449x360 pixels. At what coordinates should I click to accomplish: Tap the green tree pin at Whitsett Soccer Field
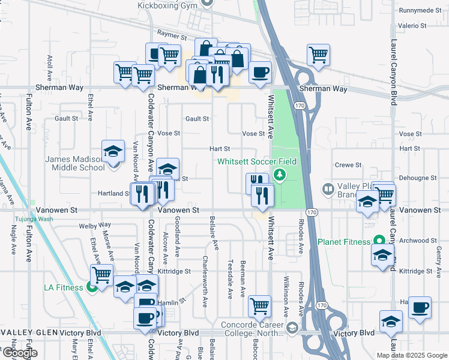279,175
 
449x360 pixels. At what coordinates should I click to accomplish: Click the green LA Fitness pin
92,287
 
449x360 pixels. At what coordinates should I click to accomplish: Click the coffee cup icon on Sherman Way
259,73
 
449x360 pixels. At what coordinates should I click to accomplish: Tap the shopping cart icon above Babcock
259,307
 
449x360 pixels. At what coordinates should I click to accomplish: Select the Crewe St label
348,164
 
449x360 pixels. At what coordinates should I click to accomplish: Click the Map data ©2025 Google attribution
412,355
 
